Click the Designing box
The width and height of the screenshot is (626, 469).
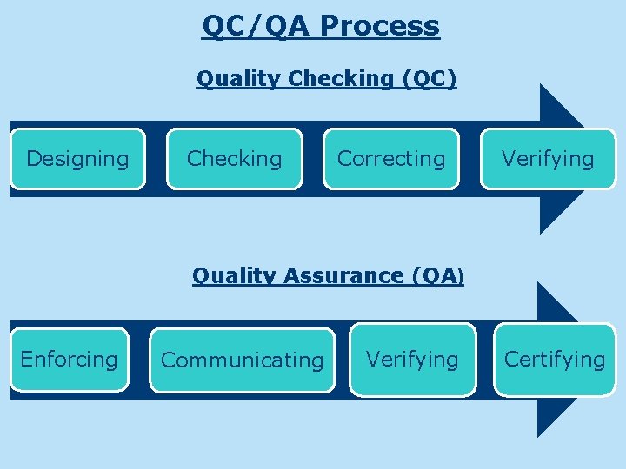click(x=77, y=159)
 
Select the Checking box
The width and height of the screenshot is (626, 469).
click(x=235, y=159)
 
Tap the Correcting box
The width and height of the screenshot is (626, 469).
click(x=391, y=159)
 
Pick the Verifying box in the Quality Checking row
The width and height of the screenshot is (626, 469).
click(x=548, y=159)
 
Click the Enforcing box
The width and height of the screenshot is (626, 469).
click(x=69, y=360)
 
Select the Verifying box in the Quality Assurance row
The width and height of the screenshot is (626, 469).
click(x=412, y=360)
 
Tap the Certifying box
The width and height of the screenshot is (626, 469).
click(x=555, y=360)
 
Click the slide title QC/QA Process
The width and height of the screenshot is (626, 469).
click(x=321, y=26)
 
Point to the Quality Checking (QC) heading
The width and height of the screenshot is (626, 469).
click(x=326, y=78)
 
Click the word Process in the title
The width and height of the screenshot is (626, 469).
click(x=380, y=26)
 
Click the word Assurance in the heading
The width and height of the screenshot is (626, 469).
click(x=347, y=276)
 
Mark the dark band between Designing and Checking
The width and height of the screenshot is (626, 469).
click(x=156, y=159)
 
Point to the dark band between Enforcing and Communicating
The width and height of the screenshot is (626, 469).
click(x=139, y=360)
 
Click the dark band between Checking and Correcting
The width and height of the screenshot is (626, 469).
click(x=313, y=159)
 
